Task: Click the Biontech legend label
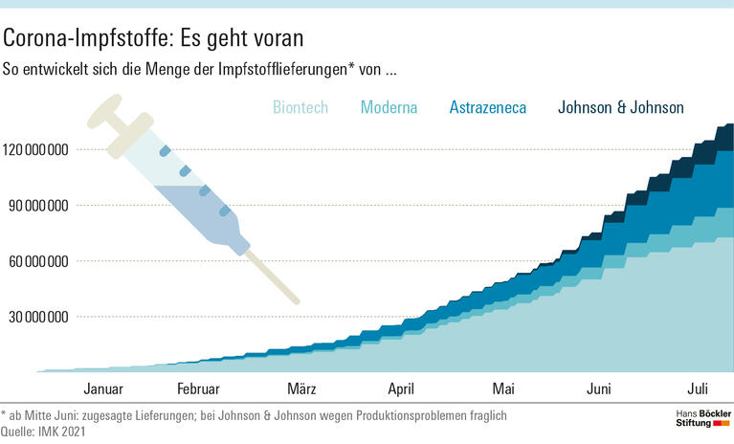pos(300,107)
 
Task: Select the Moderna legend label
pos(389,107)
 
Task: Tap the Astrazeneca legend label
pos(487,107)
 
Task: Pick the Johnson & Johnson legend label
pos(620,107)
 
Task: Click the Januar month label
pos(103,388)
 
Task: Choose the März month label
pos(301,388)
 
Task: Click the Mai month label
pos(503,388)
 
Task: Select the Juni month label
pos(598,388)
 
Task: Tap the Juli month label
pos(698,388)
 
